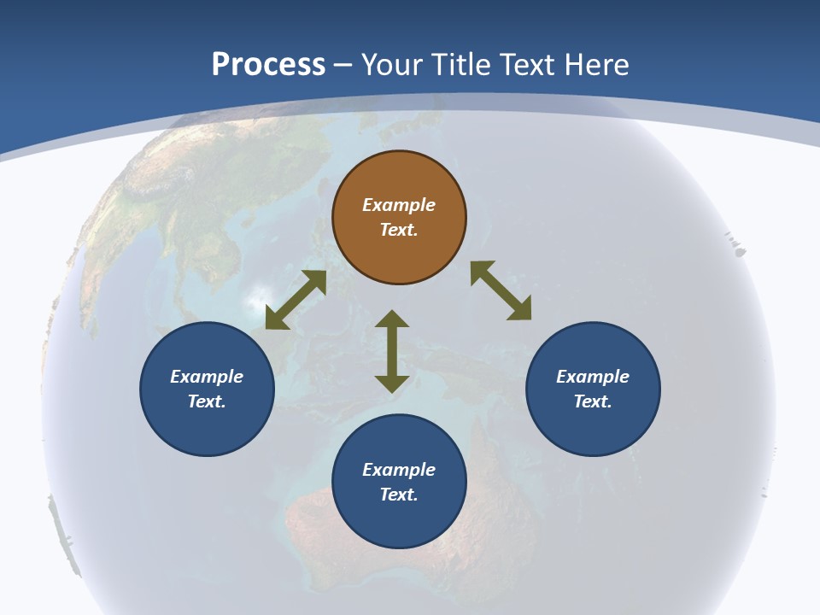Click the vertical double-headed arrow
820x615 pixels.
[x=392, y=351]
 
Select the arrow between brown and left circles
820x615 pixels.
[x=296, y=300]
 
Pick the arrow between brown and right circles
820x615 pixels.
[x=501, y=290]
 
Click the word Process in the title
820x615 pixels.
[x=268, y=64]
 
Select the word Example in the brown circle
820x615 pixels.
[x=399, y=205]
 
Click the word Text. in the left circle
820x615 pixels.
[x=207, y=401]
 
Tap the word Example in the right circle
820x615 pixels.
[x=593, y=377]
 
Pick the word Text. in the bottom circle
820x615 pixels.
[x=399, y=495]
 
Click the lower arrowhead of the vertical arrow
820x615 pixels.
[x=392, y=384]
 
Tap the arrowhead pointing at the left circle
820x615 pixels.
[x=276, y=319]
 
